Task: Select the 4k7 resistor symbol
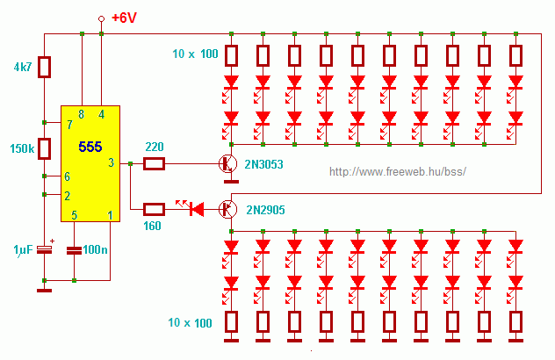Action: click(45, 68)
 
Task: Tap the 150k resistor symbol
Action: click(45, 148)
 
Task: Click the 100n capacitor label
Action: click(95, 250)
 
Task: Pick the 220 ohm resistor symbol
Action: click(154, 163)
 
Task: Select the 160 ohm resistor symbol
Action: click(154, 209)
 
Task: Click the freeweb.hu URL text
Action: click(397, 171)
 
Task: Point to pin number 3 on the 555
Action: click(111, 162)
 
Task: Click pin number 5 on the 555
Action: click(74, 214)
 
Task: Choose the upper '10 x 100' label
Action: click(196, 55)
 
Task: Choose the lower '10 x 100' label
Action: click(191, 323)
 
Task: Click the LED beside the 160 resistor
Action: click(194, 209)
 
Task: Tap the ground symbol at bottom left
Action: click(45, 286)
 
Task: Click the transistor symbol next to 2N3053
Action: click(227, 163)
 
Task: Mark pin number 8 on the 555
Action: click(82, 114)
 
